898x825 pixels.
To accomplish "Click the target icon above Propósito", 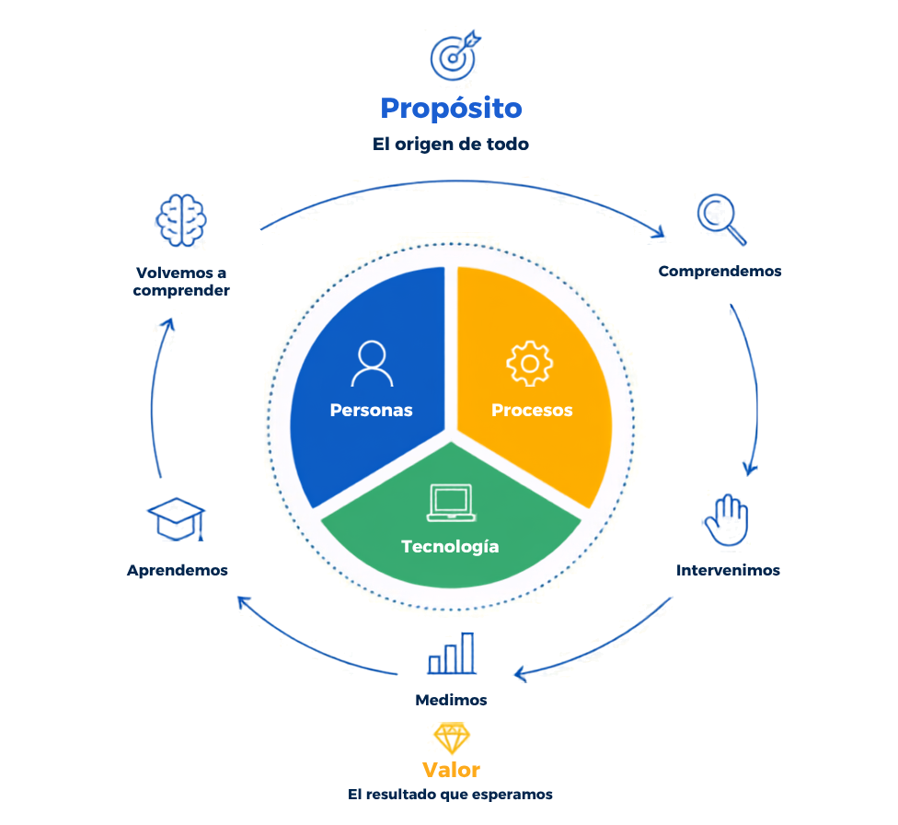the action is (455, 55).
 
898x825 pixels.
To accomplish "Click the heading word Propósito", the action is (451, 109).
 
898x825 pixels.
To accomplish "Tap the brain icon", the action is (181, 221).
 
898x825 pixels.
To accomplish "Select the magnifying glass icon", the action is (721, 219).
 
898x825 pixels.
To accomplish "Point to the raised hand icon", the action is (726, 519).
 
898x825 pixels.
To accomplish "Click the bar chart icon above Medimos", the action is (452, 653).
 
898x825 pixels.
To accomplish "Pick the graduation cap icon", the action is (177, 519).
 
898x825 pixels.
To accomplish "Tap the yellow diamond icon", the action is (451, 738).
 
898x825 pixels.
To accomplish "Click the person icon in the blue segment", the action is (373, 364).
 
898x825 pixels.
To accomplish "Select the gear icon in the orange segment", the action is (530, 364).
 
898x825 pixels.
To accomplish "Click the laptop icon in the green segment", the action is (451, 503).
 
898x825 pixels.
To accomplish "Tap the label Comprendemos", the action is (720, 272).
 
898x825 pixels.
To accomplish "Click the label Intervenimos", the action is (728, 570).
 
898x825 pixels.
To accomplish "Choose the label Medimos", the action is (451, 700).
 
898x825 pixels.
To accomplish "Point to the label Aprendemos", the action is (178, 571).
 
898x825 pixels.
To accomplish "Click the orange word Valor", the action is (451, 770).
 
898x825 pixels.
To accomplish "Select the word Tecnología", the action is (450, 547).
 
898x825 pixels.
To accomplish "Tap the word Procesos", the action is (532, 410).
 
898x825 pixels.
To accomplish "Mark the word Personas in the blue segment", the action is (371, 410).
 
